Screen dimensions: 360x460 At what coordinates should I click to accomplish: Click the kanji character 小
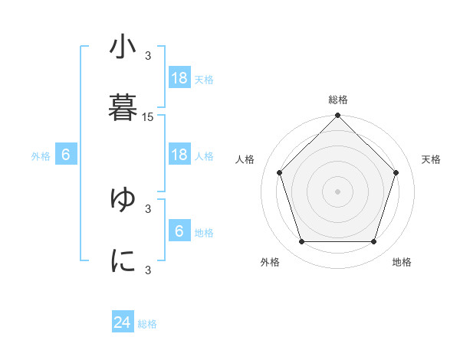tap(123, 47)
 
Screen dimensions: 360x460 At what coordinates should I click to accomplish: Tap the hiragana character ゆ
tap(123, 198)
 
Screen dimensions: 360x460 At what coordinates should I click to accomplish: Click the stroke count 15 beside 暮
tap(148, 117)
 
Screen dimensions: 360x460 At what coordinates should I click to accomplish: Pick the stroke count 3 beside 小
tap(148, 55)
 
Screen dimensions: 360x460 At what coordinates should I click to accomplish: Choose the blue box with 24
tap(123, 323)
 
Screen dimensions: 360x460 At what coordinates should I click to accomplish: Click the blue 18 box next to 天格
tap(179, 78)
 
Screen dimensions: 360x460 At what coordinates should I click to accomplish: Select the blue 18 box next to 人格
tap(179, 155)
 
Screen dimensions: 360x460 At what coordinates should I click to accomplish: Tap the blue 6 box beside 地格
tap(179, 231)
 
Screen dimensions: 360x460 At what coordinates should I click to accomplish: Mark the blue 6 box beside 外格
tap(66, 155)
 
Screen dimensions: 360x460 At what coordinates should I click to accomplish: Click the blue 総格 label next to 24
tap(147, 324)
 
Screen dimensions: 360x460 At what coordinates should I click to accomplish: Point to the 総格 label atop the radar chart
tap(338, 100)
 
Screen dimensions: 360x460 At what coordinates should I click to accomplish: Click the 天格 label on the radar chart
tap(432, 159)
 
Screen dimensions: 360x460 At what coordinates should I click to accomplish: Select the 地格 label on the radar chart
tap(402, 262)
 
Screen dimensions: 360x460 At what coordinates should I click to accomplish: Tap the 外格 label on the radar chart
tap(270, 262)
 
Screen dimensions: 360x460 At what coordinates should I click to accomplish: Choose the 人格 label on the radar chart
tap(245, 159)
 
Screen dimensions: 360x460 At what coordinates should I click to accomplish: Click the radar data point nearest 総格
tap(337, 116)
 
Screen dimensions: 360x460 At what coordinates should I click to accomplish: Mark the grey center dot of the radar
tap(337, 191)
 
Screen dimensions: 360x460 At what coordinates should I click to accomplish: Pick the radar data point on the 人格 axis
tap(280, 172)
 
